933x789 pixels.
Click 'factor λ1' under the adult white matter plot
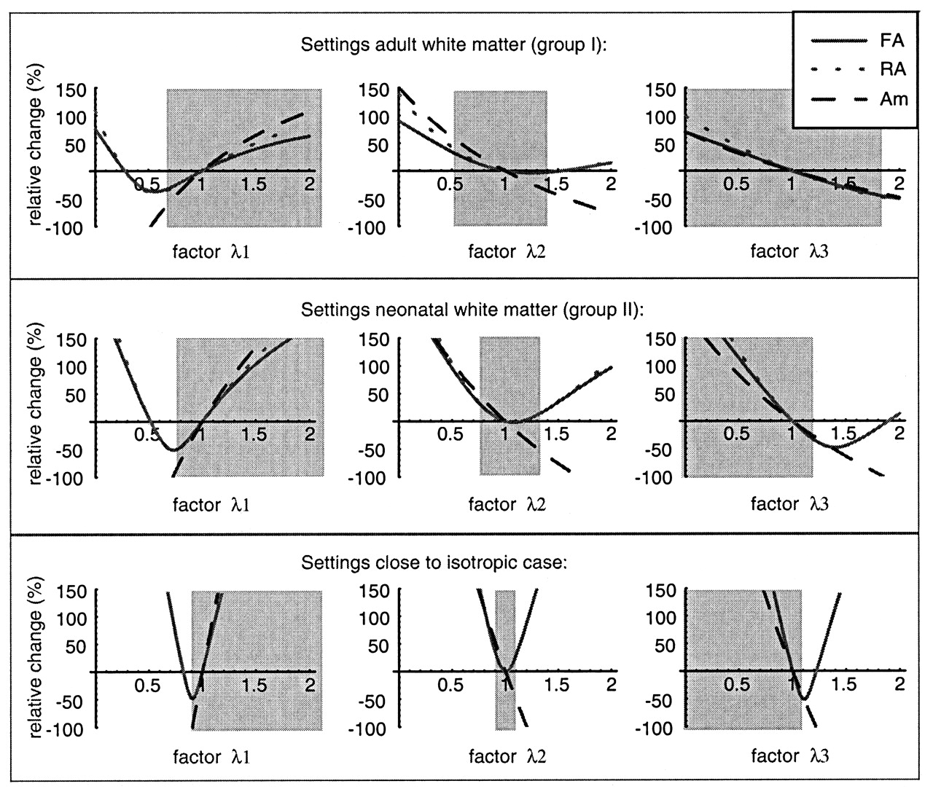[211, 252]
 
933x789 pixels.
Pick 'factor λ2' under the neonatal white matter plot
[507, 504]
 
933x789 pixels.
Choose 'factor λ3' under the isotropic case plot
[789, 756]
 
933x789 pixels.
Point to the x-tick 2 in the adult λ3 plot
[899, 183]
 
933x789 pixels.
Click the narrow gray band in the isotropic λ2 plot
[505, 699]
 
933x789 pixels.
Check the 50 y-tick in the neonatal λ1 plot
[77, 395]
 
